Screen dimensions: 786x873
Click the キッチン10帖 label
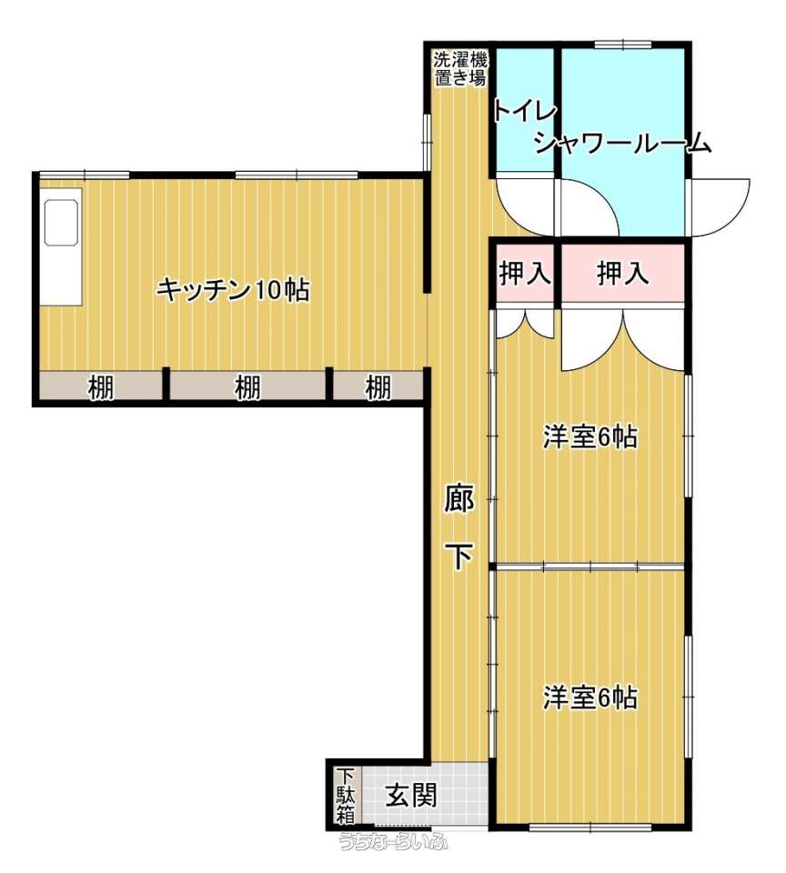pos(232,290)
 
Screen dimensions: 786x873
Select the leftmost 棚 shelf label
pos(101,387)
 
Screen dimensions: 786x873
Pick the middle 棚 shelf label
pos(247,387)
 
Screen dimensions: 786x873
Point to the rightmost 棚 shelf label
pos(378,387)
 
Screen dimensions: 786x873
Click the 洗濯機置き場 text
pos(460,68)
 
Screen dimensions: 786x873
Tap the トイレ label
pos(524,111)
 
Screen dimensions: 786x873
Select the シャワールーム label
pos(623,145)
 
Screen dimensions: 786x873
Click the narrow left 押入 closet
pos(525,274)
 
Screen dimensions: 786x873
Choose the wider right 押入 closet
pos(623,274)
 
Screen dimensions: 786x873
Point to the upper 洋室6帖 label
pos(589,437)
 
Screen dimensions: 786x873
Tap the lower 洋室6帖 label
pos(589,697)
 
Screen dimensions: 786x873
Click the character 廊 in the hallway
pos(459,499)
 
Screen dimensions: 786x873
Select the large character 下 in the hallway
pos(460,557)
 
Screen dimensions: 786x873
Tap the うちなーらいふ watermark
pos(394,841)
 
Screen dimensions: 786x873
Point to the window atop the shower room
pos(623,45)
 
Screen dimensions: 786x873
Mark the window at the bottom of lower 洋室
pos(590,828)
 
